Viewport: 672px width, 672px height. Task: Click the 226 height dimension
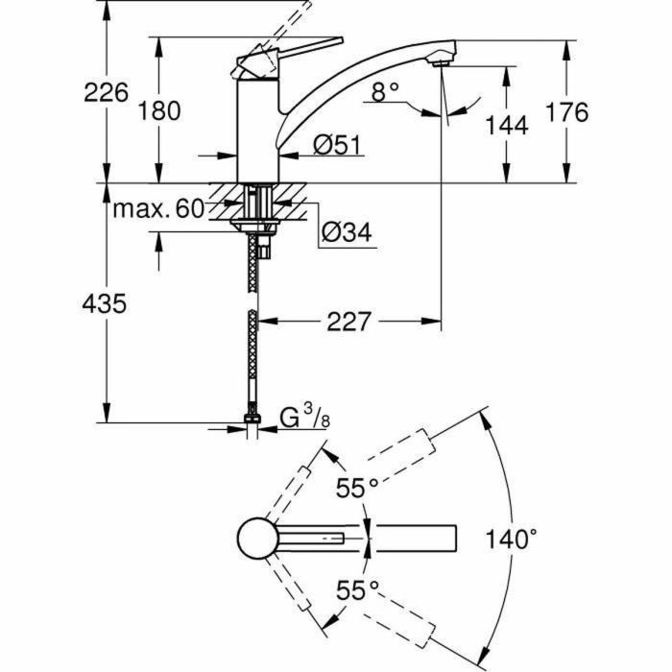[x=107, y=93]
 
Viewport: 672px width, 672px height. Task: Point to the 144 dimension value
[x=506, y=125]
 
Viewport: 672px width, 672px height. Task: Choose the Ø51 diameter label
[x=335, y=145]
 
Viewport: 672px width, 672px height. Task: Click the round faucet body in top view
[x=257, y=539]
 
